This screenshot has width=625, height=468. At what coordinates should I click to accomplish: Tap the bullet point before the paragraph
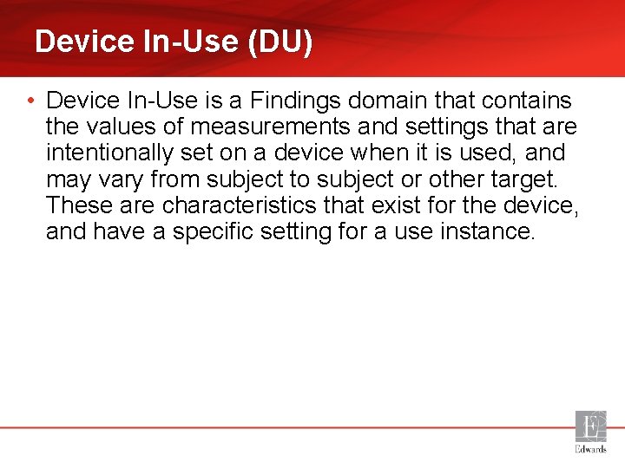pyautogui.click(x=30, y=101)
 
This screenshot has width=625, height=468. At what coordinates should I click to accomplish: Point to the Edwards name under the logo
pyautogui.click(x=591, y=450)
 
